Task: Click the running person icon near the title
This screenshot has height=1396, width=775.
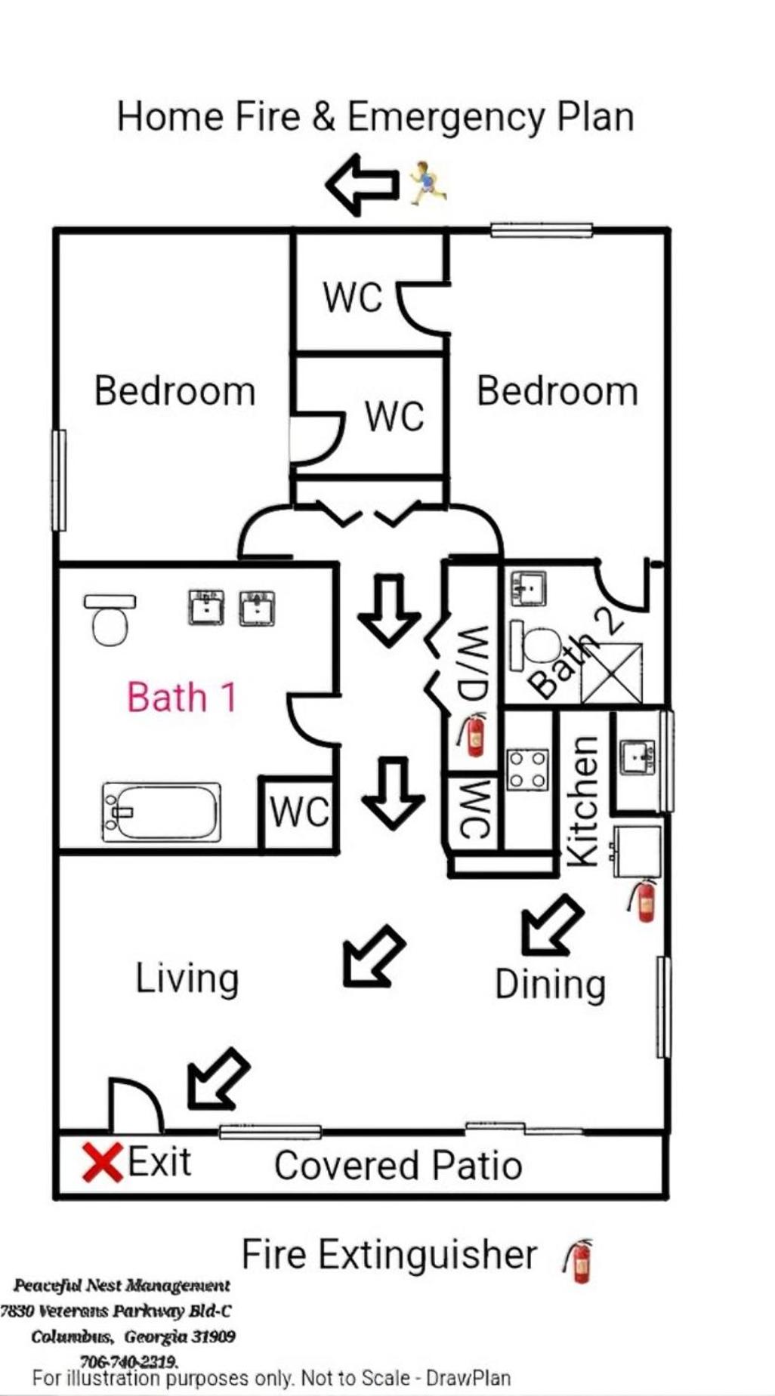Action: point(428,183)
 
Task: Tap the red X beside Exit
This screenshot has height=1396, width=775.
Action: point(103,1163)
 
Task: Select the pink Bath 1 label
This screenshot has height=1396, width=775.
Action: point(182,697)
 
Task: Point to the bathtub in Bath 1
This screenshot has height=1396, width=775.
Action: point(162,812)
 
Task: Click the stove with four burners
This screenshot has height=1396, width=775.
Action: point(528,769)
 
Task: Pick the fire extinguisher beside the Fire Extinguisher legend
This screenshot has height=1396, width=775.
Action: point(579,1261)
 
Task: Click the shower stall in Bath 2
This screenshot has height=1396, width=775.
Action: point(612,673)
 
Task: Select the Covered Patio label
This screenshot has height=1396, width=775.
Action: point(398,1165)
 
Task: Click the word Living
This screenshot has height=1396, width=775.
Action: point(187,979)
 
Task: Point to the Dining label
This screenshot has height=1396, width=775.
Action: point(550,985)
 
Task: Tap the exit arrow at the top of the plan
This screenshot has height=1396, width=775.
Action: point(362,184)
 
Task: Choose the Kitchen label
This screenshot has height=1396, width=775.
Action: point(583,800)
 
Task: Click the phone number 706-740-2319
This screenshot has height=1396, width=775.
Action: point(128,1362)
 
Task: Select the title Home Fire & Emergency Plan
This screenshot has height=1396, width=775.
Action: point(375,117)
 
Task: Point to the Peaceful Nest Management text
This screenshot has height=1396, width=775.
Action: point(122,1285)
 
